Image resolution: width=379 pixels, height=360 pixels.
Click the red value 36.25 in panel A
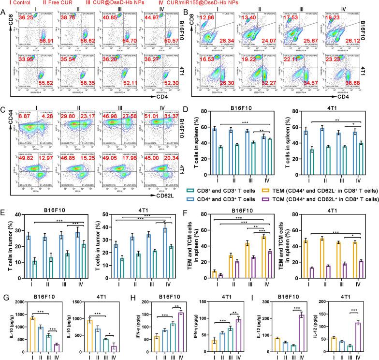(x=26, y=18)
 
